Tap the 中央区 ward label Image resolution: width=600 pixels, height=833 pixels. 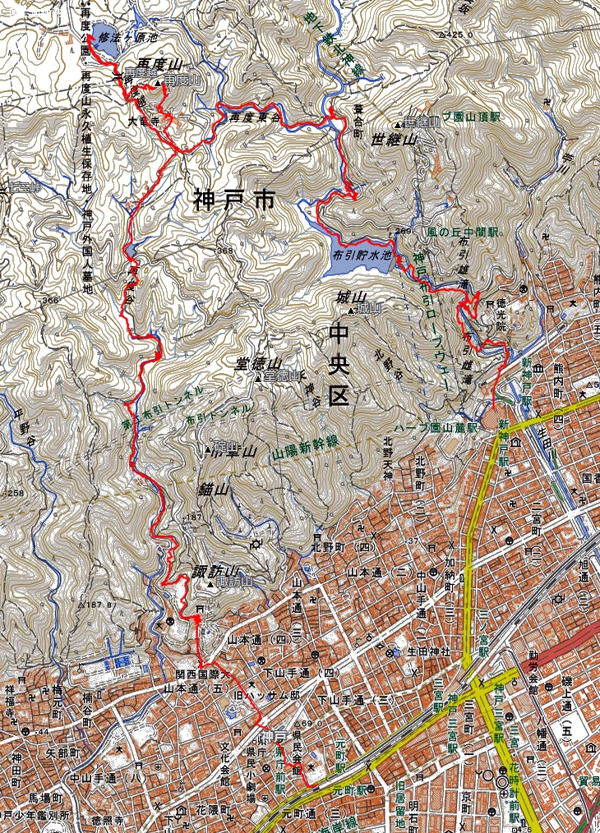pos(339,364)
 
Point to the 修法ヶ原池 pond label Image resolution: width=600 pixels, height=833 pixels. pos(127,37)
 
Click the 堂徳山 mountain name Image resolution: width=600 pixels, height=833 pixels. pos(258,363)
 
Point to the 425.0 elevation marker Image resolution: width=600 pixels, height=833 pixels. pos(461,35)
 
